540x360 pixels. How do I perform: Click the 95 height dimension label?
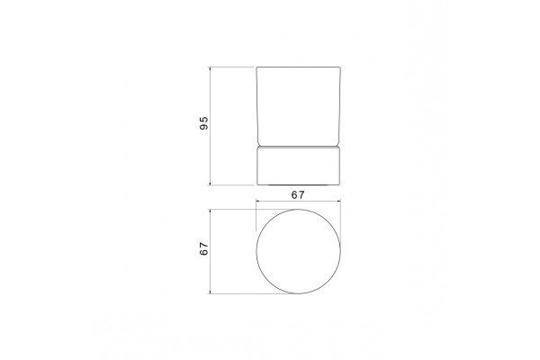coord(204,123)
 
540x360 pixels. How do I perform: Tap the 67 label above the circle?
coord(298,195)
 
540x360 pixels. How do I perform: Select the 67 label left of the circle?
coord(204,248)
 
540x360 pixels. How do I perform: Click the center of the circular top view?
coord(298,251)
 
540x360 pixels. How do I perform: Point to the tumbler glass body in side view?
coord(299,106)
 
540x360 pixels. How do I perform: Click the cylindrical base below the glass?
coord(299,166)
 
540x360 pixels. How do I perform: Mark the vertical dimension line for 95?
coord(210,126)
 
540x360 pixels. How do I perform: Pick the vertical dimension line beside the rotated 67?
coord(210,251)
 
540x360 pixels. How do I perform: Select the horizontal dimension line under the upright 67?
coord(298,201)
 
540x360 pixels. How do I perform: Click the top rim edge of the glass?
coord(299,67)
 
